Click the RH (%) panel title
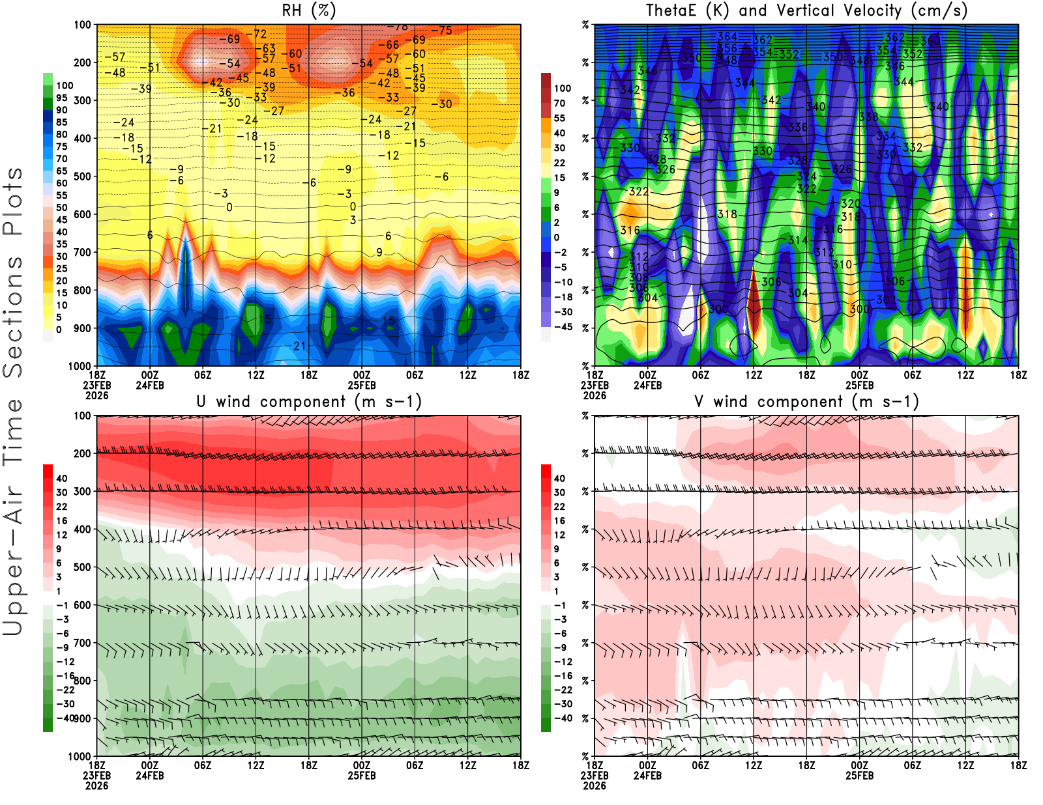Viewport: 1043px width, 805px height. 308,11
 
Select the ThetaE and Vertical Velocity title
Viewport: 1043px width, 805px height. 806,11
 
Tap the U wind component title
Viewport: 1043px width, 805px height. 309,402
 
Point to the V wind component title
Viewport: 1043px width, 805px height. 806,402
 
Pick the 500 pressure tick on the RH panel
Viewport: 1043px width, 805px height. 82,177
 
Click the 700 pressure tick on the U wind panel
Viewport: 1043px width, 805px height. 82,643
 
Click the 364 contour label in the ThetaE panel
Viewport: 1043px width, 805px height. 727,37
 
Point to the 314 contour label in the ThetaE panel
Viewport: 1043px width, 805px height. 798,240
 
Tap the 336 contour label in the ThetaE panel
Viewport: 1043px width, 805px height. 798,128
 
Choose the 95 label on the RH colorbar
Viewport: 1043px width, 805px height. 62,98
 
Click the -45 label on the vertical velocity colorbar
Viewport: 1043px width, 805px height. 563,327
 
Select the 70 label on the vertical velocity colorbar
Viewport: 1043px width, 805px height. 559,104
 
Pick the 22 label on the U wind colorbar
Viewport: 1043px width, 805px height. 62,507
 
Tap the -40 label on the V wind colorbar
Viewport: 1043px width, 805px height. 563,718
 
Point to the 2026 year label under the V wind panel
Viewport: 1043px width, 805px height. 595,785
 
